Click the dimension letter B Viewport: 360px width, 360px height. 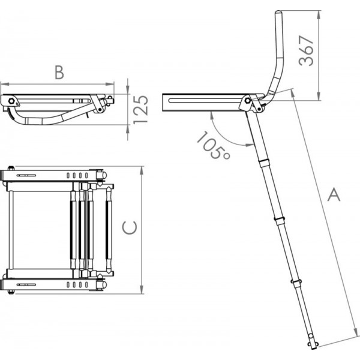[x=58, y=73]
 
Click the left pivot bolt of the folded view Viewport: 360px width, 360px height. [x=10, y=100]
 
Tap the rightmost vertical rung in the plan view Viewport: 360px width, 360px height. [x=108, y=228]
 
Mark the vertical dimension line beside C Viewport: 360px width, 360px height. [x=141, y=227]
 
